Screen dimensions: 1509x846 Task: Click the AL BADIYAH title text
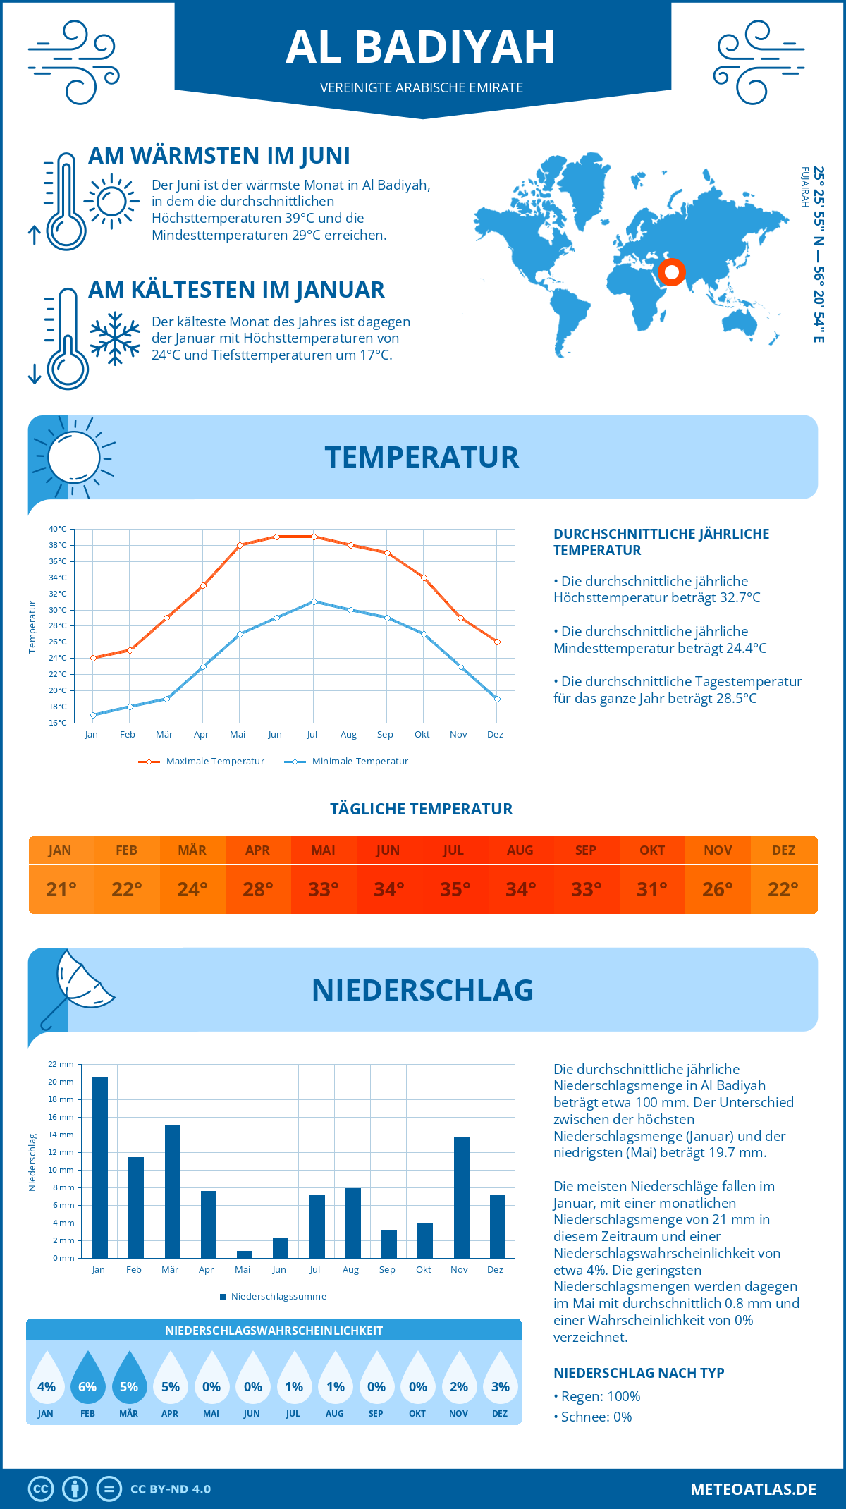point(421,47)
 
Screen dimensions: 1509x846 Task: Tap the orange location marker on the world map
point(672,271)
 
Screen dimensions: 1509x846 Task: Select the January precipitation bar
point(100,1167)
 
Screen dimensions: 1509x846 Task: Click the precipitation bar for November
point(462,1197)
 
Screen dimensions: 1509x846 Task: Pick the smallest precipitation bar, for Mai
point(245,1254)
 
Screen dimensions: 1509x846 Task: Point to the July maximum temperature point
point(314,537)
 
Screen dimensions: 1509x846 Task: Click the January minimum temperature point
point(93,715)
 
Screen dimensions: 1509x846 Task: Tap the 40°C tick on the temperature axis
point(58,529)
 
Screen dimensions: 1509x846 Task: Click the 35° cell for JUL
point(455,889)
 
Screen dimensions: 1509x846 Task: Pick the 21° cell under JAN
point(61,889)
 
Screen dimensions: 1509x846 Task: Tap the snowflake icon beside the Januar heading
point(115,338)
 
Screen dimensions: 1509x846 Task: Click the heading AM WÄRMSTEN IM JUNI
point(219,156)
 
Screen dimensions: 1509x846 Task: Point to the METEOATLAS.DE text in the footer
point(753,1489)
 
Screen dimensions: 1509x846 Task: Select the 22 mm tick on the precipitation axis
point(61,1064)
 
